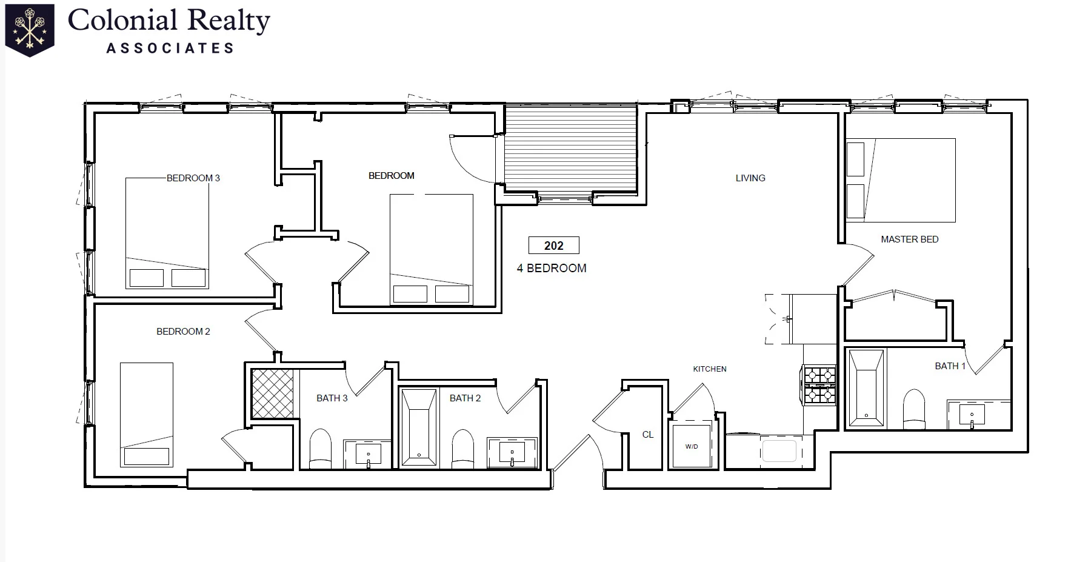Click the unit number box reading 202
(553, 246)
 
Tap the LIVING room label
(750, 178)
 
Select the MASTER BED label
(909, 239)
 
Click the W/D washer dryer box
(692, 446)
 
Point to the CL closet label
(648, 435)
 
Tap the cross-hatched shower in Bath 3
(273, 393)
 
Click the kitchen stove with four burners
(819, 385)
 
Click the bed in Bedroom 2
(146, 415)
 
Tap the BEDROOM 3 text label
(193, 178)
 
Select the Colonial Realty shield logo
(29, 29)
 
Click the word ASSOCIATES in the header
(170, 49)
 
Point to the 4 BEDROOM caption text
(552, 268)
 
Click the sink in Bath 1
(972, 415)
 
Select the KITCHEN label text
(710, 369)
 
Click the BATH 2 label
(465, 398)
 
